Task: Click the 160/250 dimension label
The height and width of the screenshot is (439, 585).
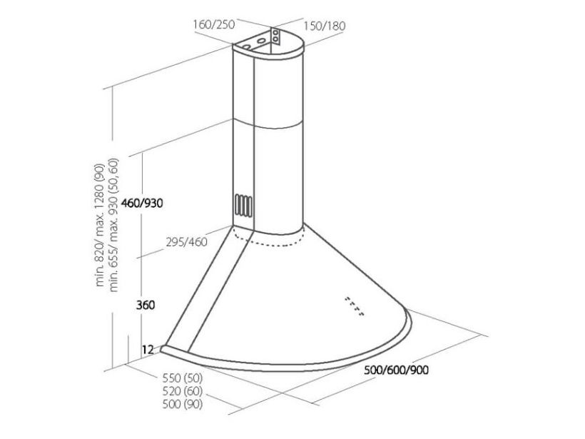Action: pyautogui.click(x=214, y=25)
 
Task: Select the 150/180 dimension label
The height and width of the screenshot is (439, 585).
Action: pyautogui.click(x=324, y=26)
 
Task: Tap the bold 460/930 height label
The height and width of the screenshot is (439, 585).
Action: pyautogui.click(x=142, y=203)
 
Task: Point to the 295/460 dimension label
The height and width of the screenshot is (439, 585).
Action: pyautogui.click(x=186, y=242)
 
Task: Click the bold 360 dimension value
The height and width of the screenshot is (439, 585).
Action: pyautogui.click(x=145, y=305)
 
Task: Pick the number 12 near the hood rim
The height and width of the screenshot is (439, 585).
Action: pyautogui.click(x=148, y=350)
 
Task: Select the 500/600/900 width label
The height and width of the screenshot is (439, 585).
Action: pyautogui.click(x=396, y=370)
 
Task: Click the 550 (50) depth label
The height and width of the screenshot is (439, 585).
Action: pyautogui.click(x=183, y=378)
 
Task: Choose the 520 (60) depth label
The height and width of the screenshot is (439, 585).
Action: pyautogui.click(x=183, y=391)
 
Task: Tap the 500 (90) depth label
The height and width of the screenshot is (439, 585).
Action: pyautogui.click(x=183, y=404)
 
